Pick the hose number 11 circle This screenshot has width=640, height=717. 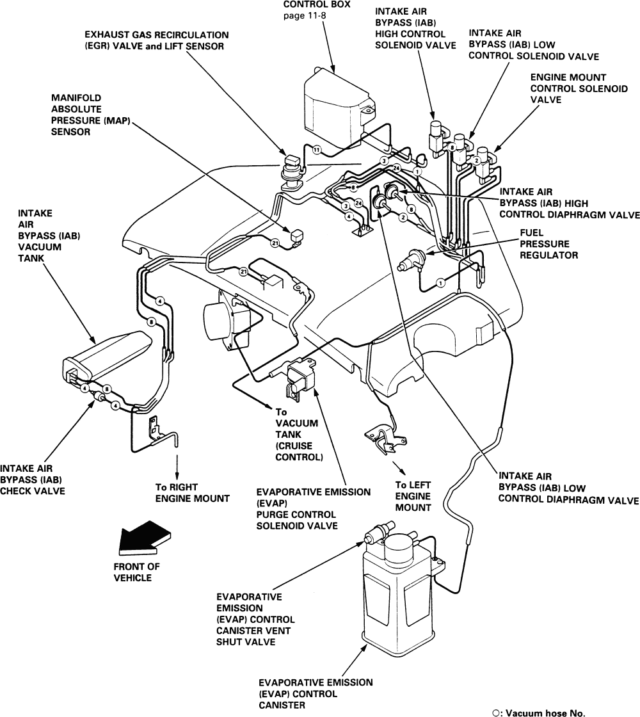point(316,150)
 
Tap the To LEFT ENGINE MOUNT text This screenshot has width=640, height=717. point(413,495)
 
